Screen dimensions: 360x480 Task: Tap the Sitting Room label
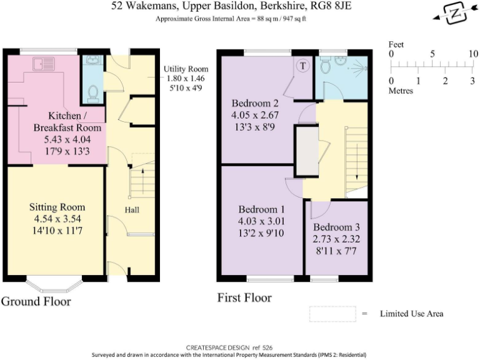tap(57, 207)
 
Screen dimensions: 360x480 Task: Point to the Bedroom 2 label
tap(255, 103)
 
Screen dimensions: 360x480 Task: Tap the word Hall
tap(131, 210)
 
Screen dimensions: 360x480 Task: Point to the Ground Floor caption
tap(36, 302)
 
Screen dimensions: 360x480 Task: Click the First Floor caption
tap(244, 297)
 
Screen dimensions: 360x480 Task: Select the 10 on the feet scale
tap(473, 54)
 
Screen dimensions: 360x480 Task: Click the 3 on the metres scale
tap(472, 81)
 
